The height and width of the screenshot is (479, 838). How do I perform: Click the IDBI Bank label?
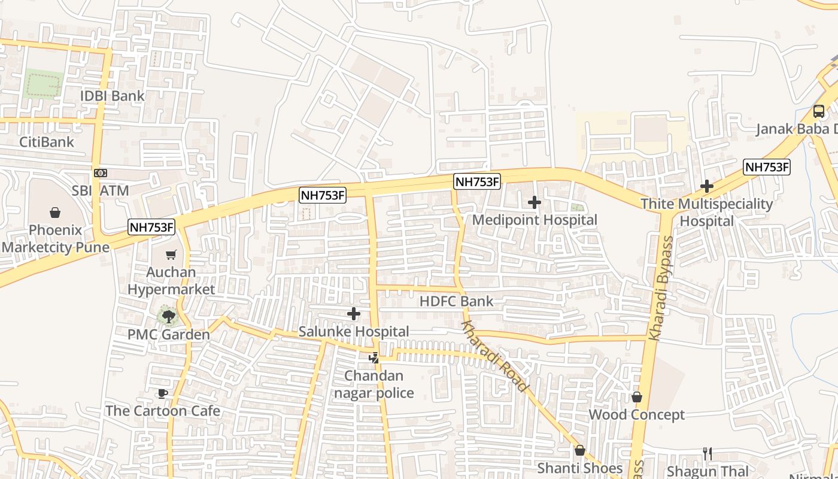coord(113,96)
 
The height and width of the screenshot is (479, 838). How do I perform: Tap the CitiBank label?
coord(47,142)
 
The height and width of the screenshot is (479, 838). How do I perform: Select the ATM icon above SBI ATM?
coord(100,173)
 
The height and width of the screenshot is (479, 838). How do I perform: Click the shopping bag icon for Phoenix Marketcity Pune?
coord(55,213)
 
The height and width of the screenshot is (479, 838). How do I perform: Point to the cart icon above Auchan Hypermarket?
coord(171,255)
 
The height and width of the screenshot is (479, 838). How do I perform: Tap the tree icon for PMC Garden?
coord(168,316)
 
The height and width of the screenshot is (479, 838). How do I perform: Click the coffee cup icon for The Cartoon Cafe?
coord(162,393)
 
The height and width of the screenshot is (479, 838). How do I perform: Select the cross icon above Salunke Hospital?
coord(354,314)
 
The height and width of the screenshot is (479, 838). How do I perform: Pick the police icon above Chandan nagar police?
coord(374,358)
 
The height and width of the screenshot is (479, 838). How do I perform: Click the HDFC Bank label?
coord(456,301)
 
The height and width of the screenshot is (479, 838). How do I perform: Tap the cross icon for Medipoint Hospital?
coord(535,202)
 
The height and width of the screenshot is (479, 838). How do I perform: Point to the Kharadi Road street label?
coord(494,356)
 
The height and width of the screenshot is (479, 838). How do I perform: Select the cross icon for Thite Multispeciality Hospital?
coord(707,186)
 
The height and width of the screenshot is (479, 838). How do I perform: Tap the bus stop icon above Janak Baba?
coord(818,111)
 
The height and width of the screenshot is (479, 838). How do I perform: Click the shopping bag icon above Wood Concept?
coord(637,397)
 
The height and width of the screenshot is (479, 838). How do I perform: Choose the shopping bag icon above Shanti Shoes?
coord(579,450)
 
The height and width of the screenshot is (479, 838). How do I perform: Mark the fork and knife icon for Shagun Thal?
coord(708,454)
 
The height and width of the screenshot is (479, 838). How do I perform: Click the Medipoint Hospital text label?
coord(535,220)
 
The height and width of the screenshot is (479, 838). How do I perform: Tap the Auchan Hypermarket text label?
coord(171,281)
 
